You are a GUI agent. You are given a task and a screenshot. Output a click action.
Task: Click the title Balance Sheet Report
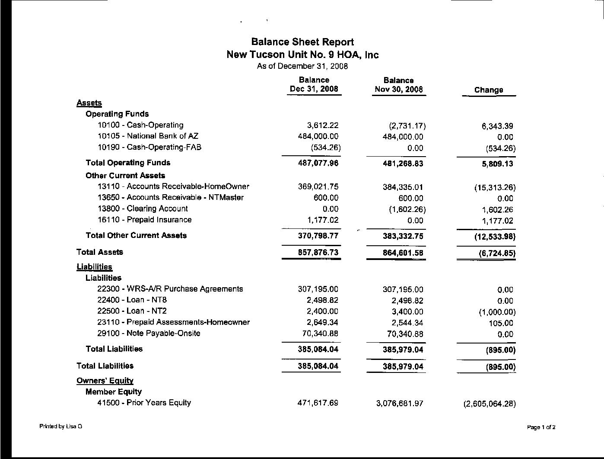click(302, 42)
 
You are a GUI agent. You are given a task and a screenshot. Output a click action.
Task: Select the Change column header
click(489, 90)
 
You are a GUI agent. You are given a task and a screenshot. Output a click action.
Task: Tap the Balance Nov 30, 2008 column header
click(398, 85)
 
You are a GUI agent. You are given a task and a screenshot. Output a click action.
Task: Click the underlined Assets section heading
click(89, 103)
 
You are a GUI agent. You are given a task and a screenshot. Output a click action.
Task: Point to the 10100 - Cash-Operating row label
click(140, 125)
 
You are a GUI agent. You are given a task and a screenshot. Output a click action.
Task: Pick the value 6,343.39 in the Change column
click(497, 126)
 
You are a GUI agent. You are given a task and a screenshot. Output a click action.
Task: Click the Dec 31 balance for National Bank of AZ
click(315, 136)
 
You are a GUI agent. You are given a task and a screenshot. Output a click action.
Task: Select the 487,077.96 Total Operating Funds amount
click(318, 163)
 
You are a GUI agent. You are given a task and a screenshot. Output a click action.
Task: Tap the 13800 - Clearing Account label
click(143, 209)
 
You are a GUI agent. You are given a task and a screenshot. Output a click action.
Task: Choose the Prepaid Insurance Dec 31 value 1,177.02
click(323, 220)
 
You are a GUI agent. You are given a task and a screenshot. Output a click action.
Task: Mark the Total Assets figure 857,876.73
click(318, 252)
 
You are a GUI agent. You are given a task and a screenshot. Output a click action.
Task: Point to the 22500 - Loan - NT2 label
click(132, 311)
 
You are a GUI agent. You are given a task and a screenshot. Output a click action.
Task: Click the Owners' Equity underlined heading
click(105, 381)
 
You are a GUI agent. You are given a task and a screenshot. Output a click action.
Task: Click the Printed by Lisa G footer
click(60, 427)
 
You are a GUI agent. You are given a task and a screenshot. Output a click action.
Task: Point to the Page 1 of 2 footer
click(541, 427)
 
